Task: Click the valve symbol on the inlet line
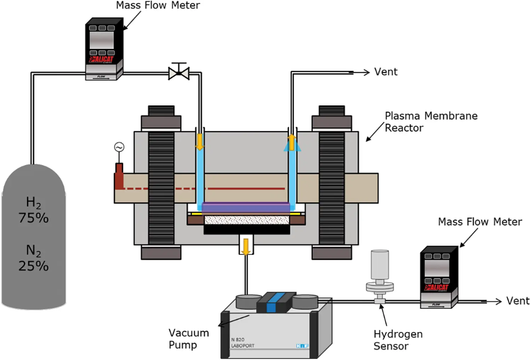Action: point(179,73)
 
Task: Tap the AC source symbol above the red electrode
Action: point(119,147)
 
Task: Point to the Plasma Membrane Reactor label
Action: point(430,122)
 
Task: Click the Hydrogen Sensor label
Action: point(398,340)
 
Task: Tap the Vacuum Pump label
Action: point(188,338)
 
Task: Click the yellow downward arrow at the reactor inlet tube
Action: point(200,142)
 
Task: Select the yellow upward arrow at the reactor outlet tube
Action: point(292,142)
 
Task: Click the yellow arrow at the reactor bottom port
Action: point(246,246)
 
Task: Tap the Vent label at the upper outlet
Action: point(386,72)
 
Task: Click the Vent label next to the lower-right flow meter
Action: point(518,301)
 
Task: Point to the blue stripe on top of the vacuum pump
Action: point(271,303)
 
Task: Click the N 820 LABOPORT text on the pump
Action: point(242,343)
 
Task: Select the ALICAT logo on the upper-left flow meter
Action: point(102,59)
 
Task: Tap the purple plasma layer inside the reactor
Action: point(246,207)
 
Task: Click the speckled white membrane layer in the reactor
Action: point(247,220)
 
